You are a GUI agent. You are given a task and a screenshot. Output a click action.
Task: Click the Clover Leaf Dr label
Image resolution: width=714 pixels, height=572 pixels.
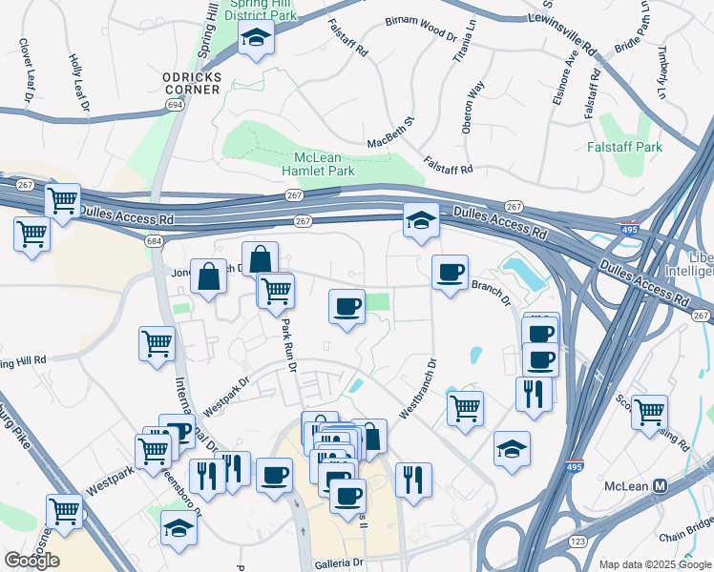(x=23, y=71)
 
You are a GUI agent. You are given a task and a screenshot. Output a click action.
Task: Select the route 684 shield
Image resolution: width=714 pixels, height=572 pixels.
(x=155, y=241)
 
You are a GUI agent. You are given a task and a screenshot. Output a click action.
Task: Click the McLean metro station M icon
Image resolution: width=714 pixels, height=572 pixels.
(x=659, y=485)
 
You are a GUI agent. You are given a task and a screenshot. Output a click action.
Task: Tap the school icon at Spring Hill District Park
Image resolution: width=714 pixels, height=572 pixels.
(x=257, y=38)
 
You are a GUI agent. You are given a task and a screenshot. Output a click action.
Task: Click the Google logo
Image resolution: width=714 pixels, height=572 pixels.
(x=31, y=560)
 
